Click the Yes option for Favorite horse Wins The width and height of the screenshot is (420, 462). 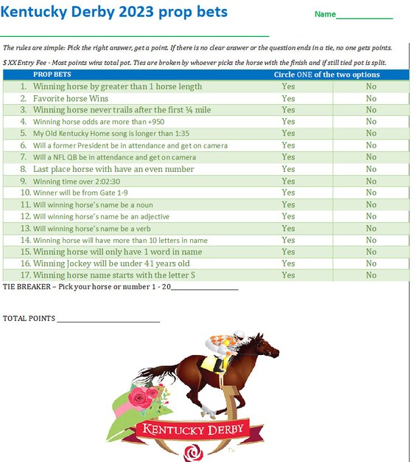coord(288,98)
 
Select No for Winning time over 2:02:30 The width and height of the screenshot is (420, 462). coord(371,181)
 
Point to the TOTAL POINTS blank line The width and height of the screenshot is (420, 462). coord(108,320)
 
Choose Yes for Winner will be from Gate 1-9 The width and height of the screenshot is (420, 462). coord(288,193)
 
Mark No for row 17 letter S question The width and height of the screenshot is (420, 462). coord(371,275)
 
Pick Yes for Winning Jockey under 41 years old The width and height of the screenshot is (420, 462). coord(288,263)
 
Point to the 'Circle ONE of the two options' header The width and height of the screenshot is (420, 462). coord(326,75)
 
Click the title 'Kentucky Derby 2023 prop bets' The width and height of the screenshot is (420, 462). coord(114,13)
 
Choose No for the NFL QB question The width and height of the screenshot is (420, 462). coord(371,157)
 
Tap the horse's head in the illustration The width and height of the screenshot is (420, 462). coord(267,344)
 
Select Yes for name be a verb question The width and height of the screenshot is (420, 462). coord(288,228)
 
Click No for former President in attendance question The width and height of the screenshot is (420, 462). coord(371,145)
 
